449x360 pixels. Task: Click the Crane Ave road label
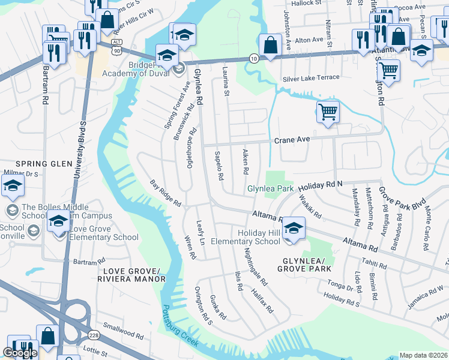click(x=292, y=140)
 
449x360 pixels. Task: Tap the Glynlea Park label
click(x=270, y=189)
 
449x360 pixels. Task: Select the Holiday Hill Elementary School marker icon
click(x=294, y=228)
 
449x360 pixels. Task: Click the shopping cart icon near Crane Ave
click(x=328, y=112)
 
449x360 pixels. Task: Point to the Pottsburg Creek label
click(x=180, y=331)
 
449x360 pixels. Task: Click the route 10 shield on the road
click(x=254, y=58)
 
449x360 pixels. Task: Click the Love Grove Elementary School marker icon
click(x=58, y=221)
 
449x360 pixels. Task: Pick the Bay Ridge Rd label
click(x=166, y=194)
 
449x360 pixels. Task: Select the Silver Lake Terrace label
click(x=311, y=78)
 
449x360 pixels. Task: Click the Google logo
click(x=19, y=353)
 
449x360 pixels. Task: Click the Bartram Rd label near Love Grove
click(x=85, y=262)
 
